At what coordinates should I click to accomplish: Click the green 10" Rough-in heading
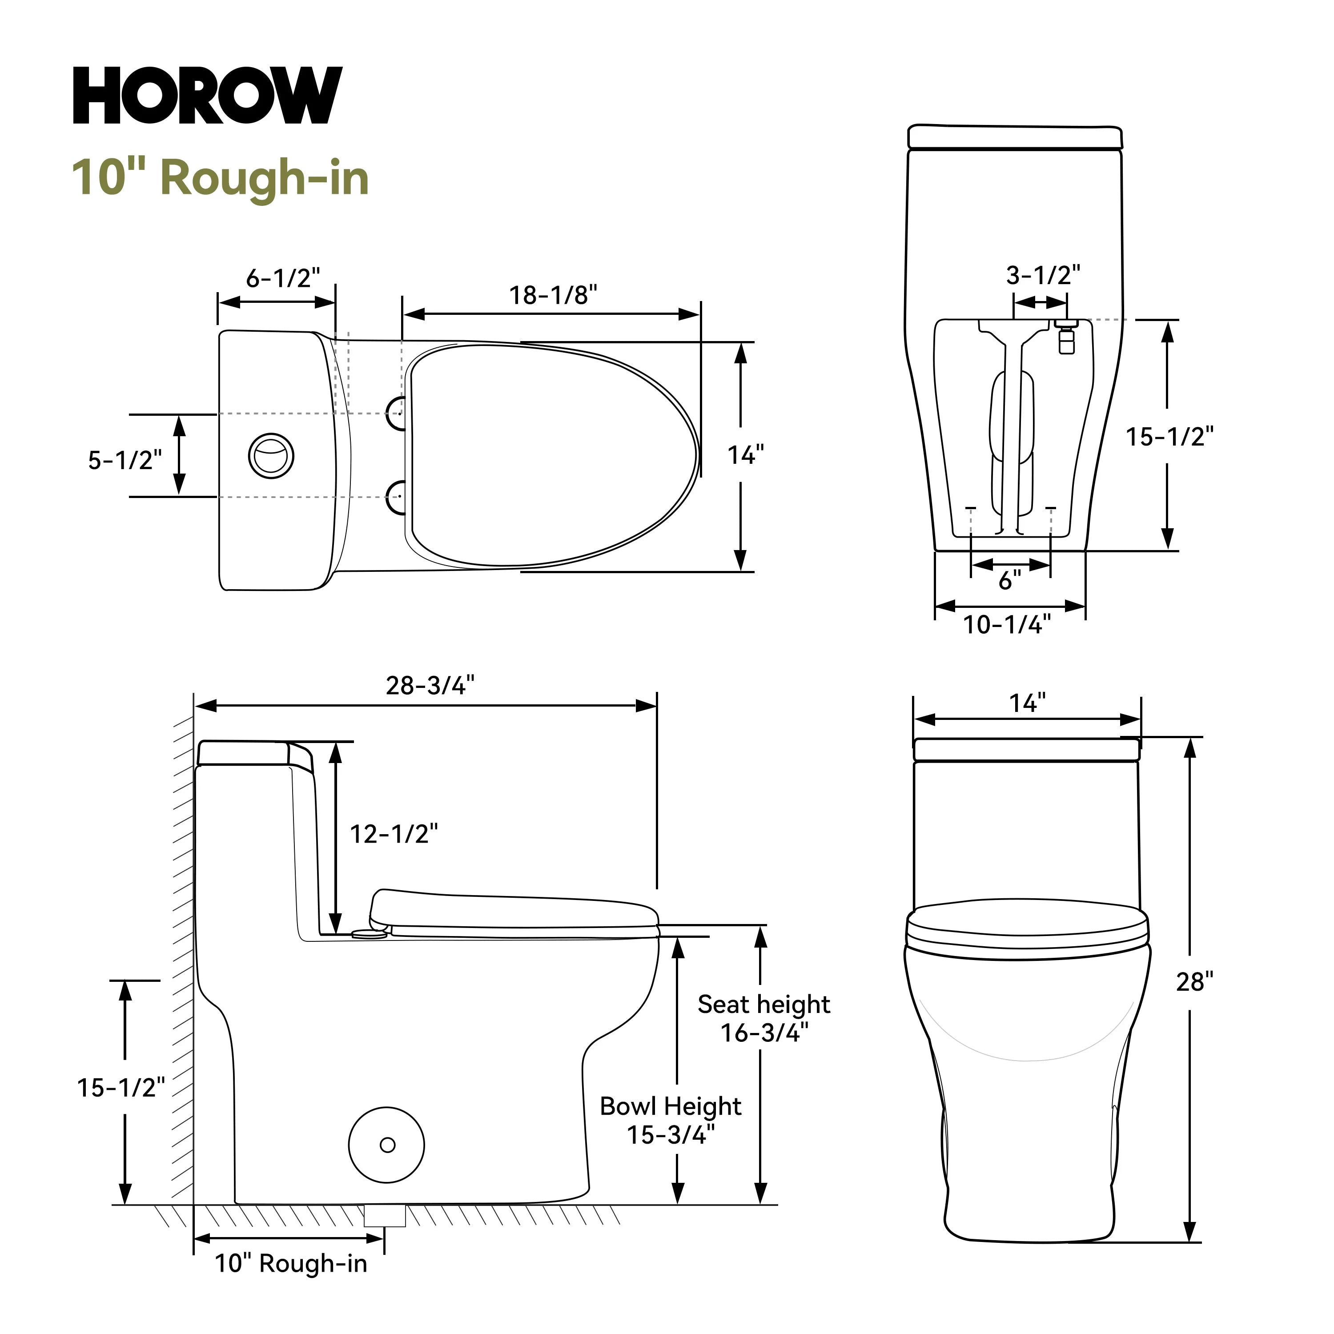pos(220,178)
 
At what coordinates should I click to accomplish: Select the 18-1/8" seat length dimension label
pos(552,296)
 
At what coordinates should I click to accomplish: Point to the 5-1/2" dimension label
pos(125,460)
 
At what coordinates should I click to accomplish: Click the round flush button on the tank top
pos(271,456)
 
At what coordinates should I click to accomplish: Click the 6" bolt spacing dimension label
pos(1009,581)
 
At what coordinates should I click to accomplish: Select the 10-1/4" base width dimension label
pos(1007,625)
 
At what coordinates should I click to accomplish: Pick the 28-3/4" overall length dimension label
pos(430,686)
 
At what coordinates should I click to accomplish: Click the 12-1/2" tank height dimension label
pos(394,834)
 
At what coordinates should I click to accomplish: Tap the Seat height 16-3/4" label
pos(763,1018)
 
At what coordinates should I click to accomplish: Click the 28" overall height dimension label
pos(1194,982)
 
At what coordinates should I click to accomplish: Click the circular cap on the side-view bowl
pos(387,1145)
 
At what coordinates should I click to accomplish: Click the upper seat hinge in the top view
pos(396,414)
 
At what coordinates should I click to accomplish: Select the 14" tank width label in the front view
pos(1027,703)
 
